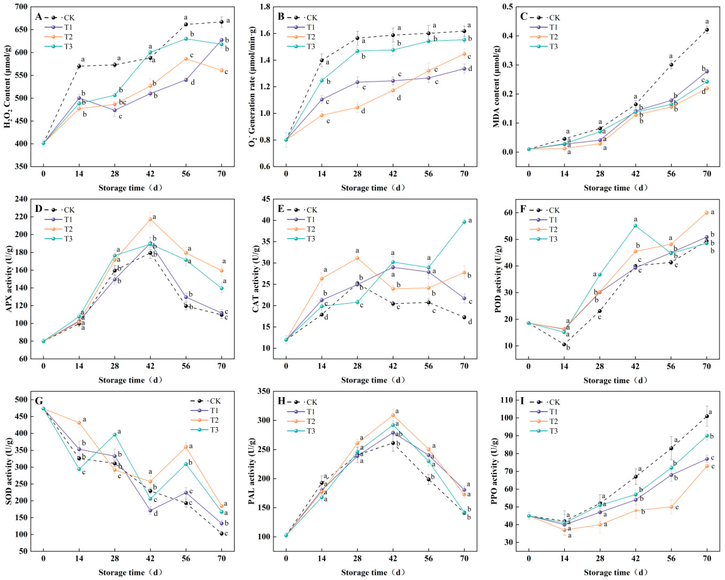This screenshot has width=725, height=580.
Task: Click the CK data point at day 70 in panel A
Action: pyautogui.click(x=221, y=22)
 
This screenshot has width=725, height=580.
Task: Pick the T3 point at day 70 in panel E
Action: pyautogui.click(x=464, y=222)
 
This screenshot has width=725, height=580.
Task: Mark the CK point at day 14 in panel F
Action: pyautogui.click(x=564, y=344)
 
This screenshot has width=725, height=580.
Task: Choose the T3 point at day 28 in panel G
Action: pyautogui.click(x=115, y=435)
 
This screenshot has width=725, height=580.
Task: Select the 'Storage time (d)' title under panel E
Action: pyautogui.click(x=373, y=380)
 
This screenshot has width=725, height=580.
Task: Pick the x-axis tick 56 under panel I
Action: pyautogui.click(x=671, y=559)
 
